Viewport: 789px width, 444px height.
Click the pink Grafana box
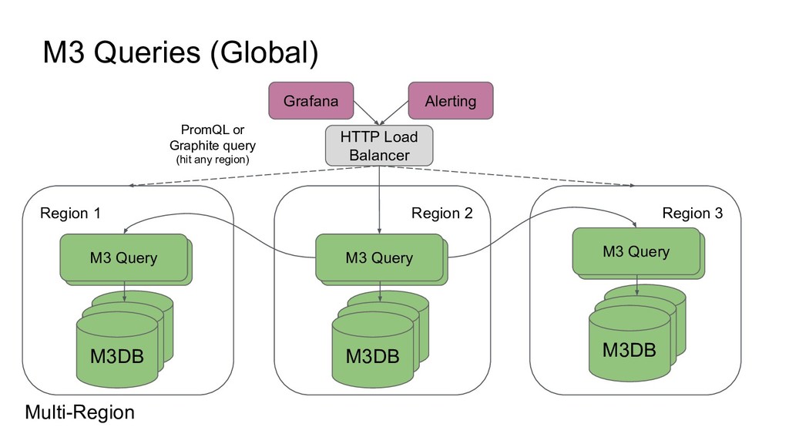click(311, 101)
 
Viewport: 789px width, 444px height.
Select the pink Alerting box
click(450, 101)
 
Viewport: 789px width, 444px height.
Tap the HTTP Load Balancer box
click(379, 146)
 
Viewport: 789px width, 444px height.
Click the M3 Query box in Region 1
click(124, 257)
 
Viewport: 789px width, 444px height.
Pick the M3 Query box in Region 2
click(379, 257)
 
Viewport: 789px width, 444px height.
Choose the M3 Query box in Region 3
click(636, 251)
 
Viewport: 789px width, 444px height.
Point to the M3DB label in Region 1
click(117, 356)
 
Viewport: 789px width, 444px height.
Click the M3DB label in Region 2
click(372, 356)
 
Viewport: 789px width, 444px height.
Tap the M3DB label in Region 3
click(629, 350)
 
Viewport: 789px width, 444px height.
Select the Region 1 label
click(70, 213)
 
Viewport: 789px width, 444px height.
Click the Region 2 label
click(442, 213)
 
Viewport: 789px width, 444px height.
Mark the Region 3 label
click(693, 213)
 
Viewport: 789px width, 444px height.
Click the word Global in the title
click(265, 52)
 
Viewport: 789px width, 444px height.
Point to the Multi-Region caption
click(79, 412)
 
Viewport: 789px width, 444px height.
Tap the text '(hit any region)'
click(213, 160)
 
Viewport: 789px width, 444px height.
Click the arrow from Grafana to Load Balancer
click(366, 113)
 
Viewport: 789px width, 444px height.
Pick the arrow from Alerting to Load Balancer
click(394, 113)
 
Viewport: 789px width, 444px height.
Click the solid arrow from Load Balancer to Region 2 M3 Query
click(379, 200)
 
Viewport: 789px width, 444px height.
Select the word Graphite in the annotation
click(193, 146)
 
